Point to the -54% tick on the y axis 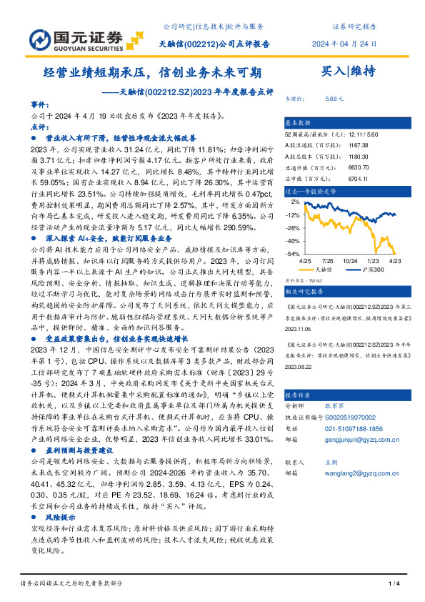293,253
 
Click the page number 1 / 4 392,584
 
